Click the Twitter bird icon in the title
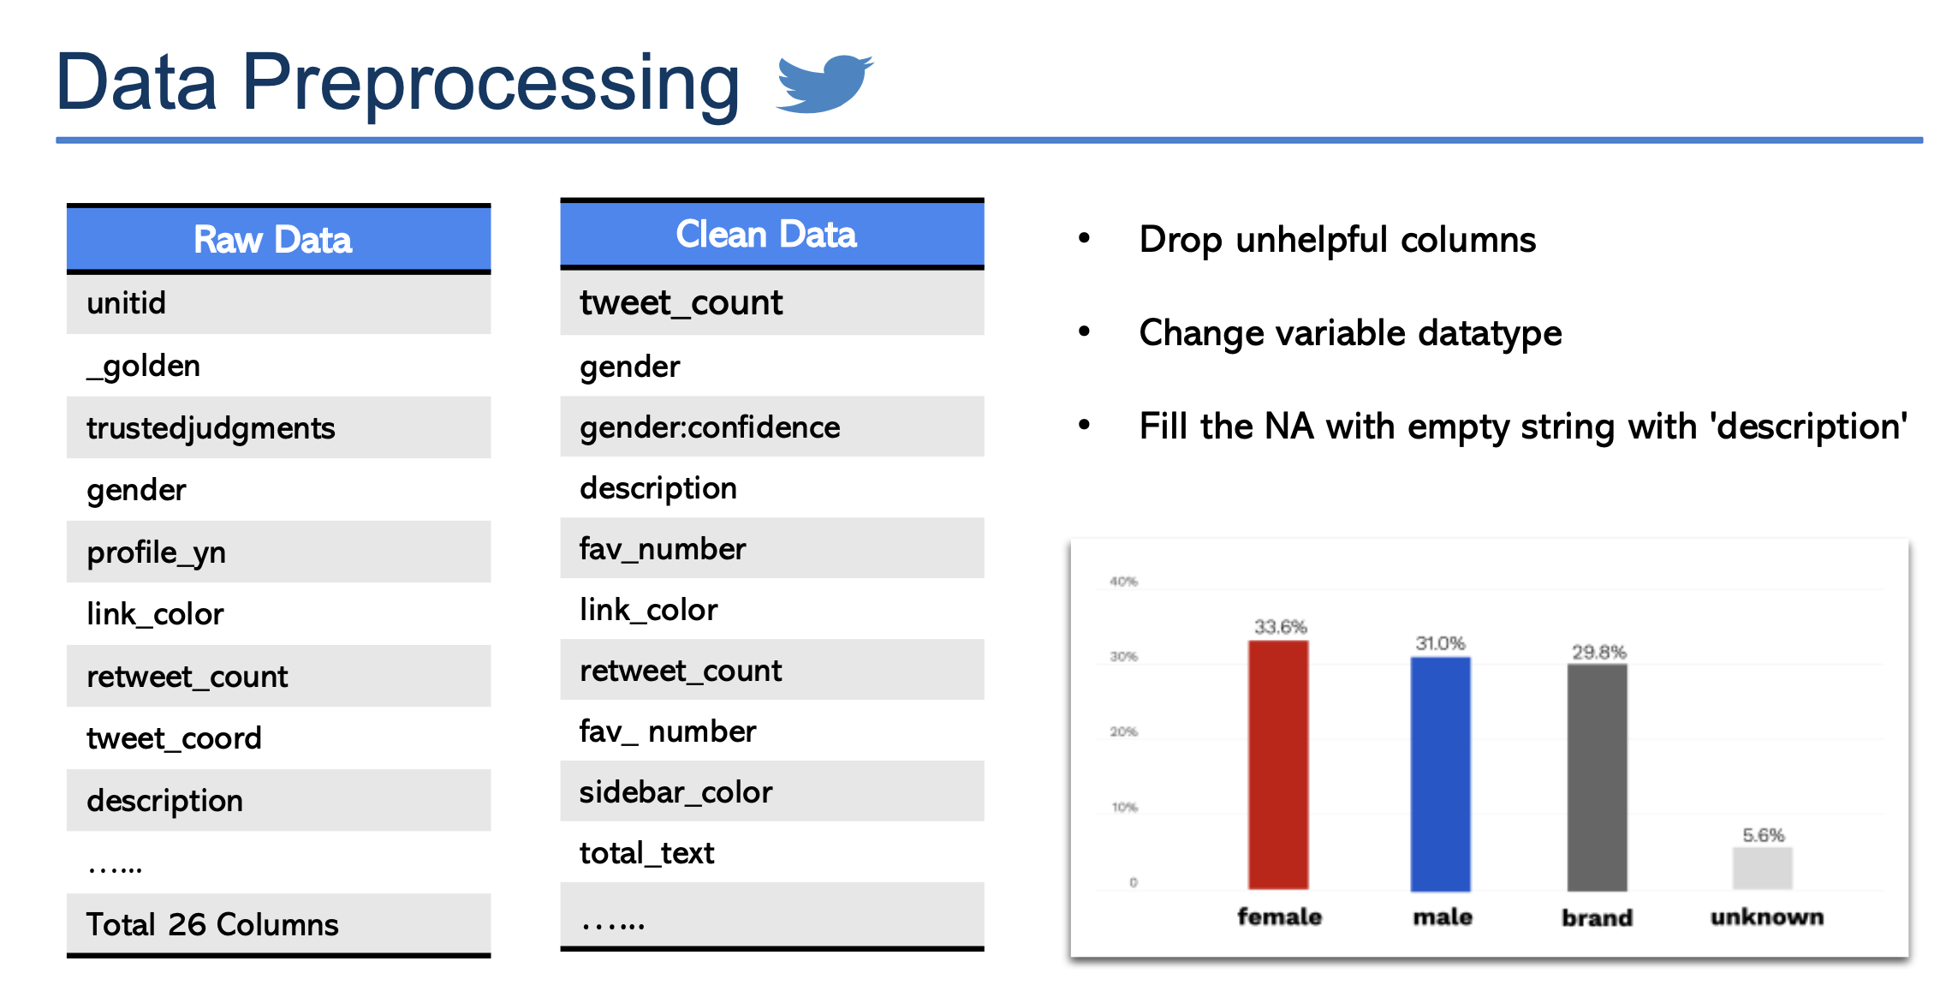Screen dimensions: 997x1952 tap(824, 83)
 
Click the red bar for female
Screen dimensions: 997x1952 tap(1277, 764)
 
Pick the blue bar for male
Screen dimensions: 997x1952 tap(1440, 773)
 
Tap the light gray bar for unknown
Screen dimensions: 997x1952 tap(1762, 869)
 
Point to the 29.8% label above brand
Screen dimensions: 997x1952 tap(1598, 652)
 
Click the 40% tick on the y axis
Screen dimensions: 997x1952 tap(1123, 582)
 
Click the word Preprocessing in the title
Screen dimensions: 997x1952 tap(491, 83)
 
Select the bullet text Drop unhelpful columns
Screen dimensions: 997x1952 tap(1337, 240)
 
